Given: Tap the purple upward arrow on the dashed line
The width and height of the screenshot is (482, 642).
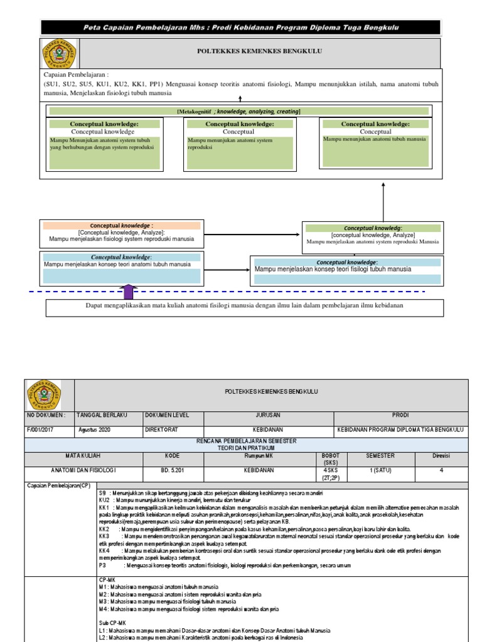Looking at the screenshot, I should (x=129, y=292).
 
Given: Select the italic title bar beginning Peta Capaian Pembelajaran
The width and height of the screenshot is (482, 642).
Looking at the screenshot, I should (x=242, y=28).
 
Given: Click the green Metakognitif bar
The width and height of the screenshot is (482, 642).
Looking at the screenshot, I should (x=238, y=111).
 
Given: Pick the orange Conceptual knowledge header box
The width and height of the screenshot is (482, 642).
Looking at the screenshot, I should (x=121, y=225).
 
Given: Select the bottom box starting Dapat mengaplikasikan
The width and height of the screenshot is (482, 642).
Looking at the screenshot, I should (x=245, y=307).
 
